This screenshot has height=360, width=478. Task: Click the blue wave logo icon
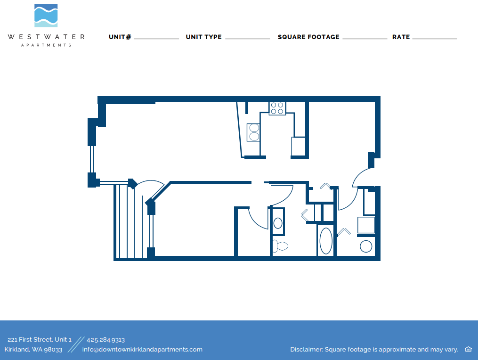[x=46, y=16]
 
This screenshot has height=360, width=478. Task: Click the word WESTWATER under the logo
[x=46, y=37]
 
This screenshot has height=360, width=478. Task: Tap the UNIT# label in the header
[x=120, y=37]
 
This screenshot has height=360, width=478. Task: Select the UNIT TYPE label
[x=203, y=37]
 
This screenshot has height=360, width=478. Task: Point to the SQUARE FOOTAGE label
[x=308, y=37]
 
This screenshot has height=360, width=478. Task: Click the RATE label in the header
[x=401, y=37]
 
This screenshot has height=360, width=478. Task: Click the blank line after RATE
[x=435, y=38]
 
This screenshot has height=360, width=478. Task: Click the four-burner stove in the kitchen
[x=277, y=108]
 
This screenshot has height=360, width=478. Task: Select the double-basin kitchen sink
[x=253, y=132]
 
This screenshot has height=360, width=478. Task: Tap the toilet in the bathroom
[x=280, y=245]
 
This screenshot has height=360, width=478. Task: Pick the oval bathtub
[x=326, y=241]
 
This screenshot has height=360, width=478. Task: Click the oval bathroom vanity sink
[x=278, y=223]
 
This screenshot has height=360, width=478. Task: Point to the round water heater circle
[x=366, y=246]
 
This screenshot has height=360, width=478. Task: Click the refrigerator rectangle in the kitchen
[x=298, y=146]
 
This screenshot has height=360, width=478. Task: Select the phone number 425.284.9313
[x=105, y=339]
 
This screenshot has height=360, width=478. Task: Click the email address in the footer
[x=142, y=349]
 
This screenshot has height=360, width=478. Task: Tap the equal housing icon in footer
[x=468, y=349]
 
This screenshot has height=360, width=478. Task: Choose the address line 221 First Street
[x=40, y=339]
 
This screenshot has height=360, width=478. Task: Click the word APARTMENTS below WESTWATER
[x=46, y=45]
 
